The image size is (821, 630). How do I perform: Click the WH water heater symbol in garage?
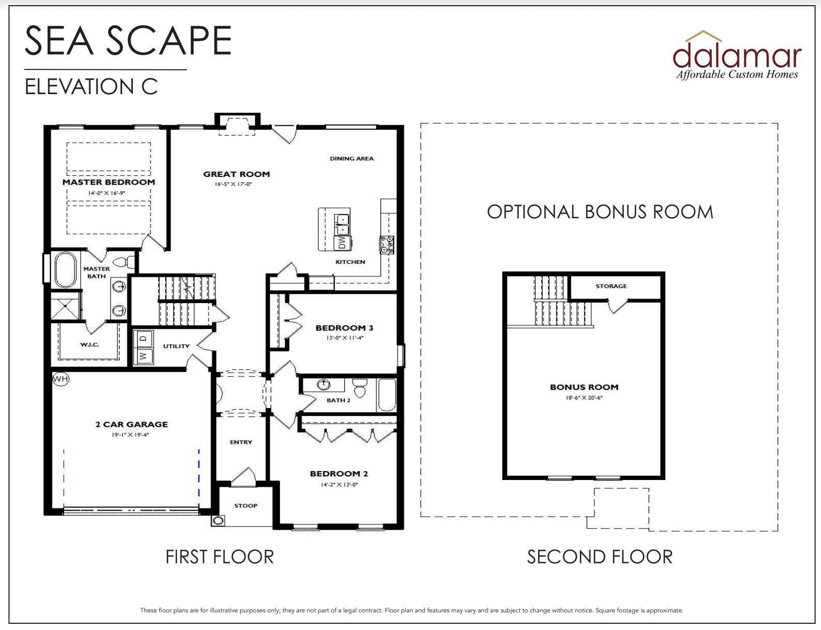61,379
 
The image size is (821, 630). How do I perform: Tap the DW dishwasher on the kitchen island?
342,243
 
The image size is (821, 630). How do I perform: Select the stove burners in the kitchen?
387,245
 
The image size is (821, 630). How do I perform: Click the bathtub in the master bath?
65,269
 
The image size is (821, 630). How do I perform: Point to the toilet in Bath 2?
360,387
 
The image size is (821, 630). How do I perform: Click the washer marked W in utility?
143,356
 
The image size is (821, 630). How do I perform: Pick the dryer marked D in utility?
143,339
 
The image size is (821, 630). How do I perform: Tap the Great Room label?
237,174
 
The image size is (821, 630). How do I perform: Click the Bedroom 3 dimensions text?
345,338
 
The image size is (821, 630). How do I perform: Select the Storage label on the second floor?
611,286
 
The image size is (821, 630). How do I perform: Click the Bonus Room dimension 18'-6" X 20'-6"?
584,397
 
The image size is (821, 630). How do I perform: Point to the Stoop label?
245,506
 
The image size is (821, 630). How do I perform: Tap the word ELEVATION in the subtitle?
79,87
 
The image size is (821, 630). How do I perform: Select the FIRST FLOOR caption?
219,557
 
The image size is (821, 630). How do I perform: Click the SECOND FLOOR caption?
599,557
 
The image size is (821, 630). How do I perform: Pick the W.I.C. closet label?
90,344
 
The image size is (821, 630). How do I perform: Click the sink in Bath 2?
324,385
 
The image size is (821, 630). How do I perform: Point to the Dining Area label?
352,159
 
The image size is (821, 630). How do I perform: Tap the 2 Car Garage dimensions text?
130,435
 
